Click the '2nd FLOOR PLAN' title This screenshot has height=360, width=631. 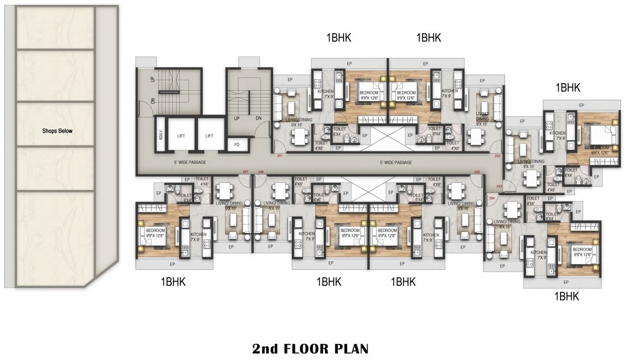point(310,349)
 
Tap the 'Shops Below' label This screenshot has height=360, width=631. point(57,131)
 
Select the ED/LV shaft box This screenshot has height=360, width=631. point(160,136)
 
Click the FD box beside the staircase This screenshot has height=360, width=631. point(237,144)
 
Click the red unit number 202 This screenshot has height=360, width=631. point(497,156)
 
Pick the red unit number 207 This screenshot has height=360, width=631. point(245,172)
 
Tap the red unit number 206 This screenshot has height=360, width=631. point(261,172)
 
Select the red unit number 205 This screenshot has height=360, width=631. point(477,172)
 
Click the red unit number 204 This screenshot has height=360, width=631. point(491,198)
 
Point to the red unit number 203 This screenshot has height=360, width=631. point(499,186)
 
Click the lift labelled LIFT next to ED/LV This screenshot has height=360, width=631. point(181,136)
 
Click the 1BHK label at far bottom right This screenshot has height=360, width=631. point(566,297)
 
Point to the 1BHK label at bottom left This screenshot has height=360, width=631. point(173,282)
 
